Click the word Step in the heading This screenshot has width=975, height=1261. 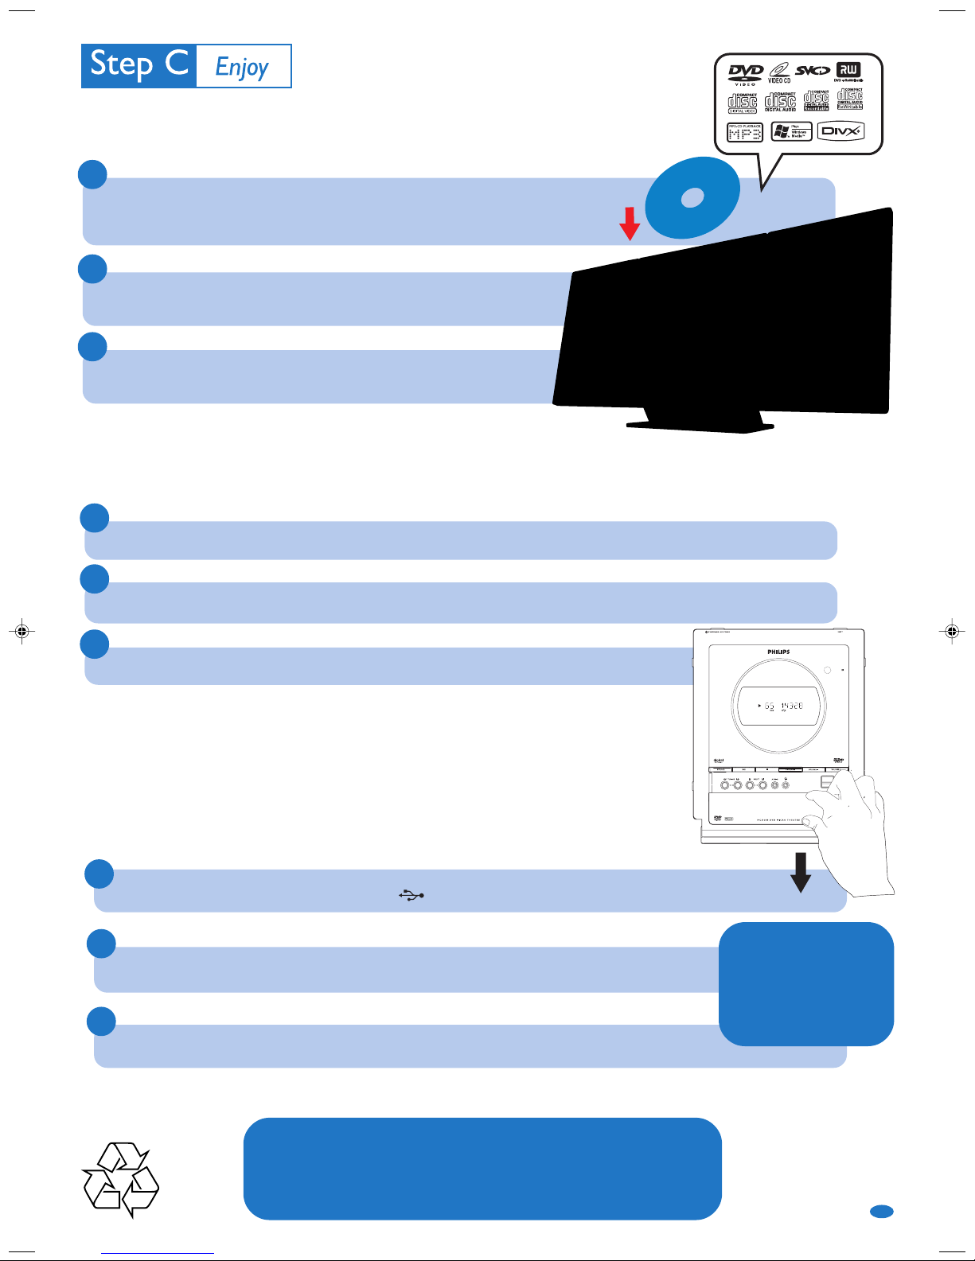pyautogui.click(x=121, y=65)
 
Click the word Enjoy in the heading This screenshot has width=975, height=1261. pyautogui.click(x=242, y=68)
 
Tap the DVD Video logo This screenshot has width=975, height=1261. pyautogui.click(x=745, y=73)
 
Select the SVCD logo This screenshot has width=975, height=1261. pyautogui.click(x=813, y=71)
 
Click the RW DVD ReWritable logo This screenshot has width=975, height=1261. pyautogui.click(x=848, y=72)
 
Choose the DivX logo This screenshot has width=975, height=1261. pyautogui.click(x=840, y=131)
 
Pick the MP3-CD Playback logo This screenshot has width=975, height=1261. pyautogui.click(x=745, y=132)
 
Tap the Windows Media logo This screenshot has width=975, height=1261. pyautogui.click(x=791, y=132)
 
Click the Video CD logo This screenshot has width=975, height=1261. pyautogui.click(x=779, y=72)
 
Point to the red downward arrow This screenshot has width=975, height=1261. pyautogui.click(x=630, y=224)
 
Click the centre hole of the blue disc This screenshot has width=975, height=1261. pyautogui.click(x=692, y=197)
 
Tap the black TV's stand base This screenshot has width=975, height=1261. pyautogui.click(x=700, y=426)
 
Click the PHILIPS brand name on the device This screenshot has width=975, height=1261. pyautogui.click(x=778, y=652)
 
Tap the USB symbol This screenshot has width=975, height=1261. pyautogui.click(x=411, y=895)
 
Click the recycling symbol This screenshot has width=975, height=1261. pyautogui.click(x=121, y=1179)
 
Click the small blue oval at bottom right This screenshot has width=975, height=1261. pyautogui.click(x=881, y=1211)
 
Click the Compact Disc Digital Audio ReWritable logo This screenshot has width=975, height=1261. pyautogui.click(x=849, y=99)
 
